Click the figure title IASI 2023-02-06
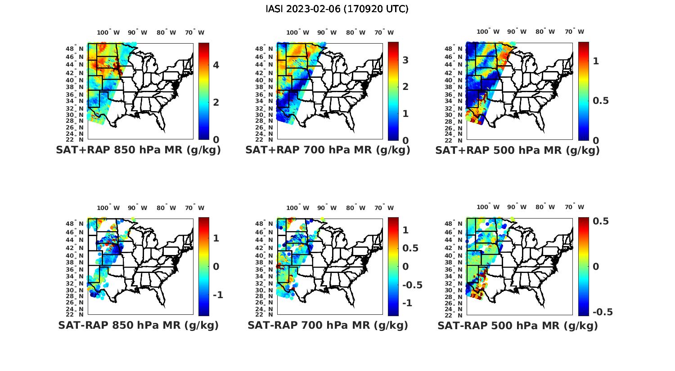coord(337,9)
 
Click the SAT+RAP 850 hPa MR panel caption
coord(138,150)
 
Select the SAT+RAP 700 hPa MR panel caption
coord(328,150)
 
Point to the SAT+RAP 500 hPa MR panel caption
coord(517,150)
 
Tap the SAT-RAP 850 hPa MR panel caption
coord(138,325)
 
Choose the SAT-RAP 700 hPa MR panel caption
coord(328,325)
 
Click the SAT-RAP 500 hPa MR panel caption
coord(517,325)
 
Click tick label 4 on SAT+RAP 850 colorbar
coord(216,65)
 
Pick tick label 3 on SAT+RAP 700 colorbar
coord(405,60)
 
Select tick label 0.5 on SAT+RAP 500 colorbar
coord(601,100)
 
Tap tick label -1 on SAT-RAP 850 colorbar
coord(218,295)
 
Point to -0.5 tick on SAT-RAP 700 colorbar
coord(412,285)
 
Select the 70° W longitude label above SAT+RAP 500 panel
coord(575,32)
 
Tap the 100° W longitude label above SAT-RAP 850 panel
coord(108,208)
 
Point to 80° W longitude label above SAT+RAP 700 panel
coord(356,32)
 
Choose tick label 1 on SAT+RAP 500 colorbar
coord(596,61)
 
